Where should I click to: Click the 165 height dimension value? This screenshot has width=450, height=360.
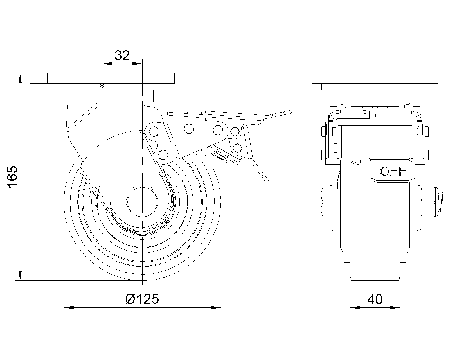pyautogui.click(x=12, y=177)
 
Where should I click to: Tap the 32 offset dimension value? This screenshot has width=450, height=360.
pyautogui.click(x=122, y=55)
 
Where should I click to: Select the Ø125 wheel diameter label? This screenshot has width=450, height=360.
pyautogui.click(x=142, y=299)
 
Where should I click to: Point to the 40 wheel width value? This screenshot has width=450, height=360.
pyautogui.click(x=375, y=299)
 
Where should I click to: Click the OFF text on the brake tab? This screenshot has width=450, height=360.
pyautogui.click(x=393, y=171)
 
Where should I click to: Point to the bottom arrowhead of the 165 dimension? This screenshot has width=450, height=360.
pyautogui.click(x=20, y=275)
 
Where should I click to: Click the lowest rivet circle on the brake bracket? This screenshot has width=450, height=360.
pyautogui.click(x=163, y=154)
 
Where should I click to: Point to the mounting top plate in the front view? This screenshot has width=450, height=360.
pyautogui.click(x=102, y=78)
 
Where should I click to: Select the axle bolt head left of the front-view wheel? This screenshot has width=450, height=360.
pyautogui.click(x=325, y=202)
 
